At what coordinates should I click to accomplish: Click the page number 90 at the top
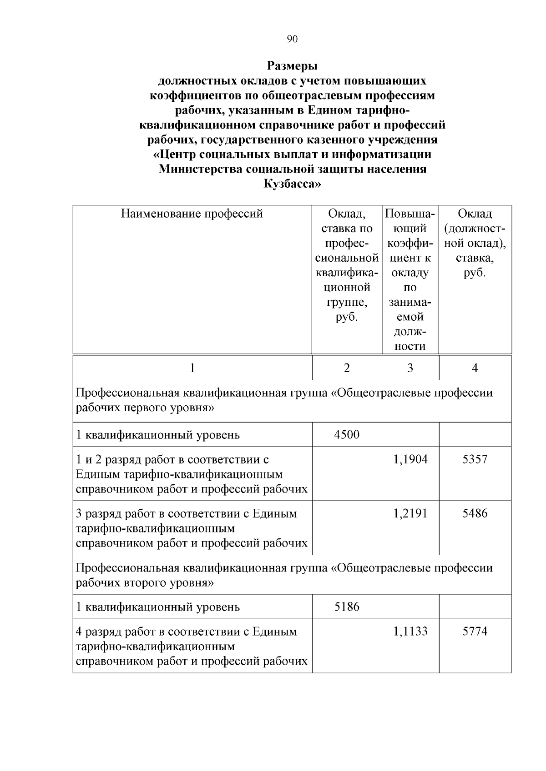292,40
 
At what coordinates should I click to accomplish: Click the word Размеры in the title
292,66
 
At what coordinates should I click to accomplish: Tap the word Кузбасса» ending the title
292,184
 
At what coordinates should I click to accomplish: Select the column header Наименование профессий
192,214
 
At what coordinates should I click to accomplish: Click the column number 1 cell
192,368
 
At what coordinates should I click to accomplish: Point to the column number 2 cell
347,368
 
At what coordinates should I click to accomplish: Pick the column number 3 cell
410,368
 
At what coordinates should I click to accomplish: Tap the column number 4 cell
475,368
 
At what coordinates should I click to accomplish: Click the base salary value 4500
347,435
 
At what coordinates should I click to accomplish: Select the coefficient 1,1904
410,459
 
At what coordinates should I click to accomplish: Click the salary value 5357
475,459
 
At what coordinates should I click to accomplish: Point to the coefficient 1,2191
410,514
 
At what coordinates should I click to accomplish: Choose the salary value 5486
475,514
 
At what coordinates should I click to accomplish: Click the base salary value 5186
347,607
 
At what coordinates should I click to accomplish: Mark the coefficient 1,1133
410,632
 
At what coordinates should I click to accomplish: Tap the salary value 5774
475,632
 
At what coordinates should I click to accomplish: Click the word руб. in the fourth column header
475,273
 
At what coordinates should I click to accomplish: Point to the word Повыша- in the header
410,214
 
